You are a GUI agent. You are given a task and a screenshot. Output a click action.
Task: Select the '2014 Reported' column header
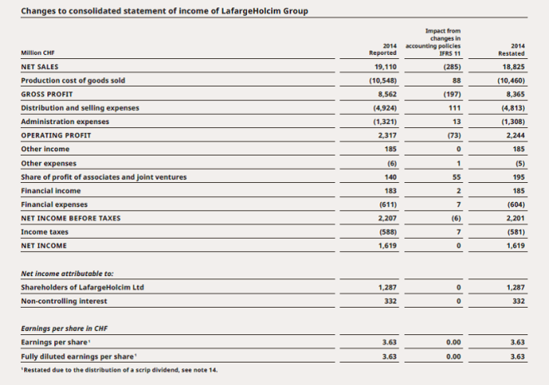click(x=383, y=48)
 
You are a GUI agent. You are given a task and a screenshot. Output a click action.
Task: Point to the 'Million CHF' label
click(x=38, y=53)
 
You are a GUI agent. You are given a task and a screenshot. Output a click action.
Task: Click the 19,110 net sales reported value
click(x=383, y=67)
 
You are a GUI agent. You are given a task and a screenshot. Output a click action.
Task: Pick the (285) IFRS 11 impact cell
click(x=450, y=67)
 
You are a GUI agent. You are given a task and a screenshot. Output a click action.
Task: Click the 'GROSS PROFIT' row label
click(x=47, y=94)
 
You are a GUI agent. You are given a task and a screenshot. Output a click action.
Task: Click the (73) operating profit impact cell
click(x=450, y=135)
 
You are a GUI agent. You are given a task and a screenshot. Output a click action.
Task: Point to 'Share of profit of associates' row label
click(x=103, y=176)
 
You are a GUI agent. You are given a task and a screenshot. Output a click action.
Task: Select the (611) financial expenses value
click(x=383, y=204)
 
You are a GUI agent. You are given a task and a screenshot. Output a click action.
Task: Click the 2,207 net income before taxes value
click(x=383, y=218)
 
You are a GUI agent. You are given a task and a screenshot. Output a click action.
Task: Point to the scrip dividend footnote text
click(x=118, y=369)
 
